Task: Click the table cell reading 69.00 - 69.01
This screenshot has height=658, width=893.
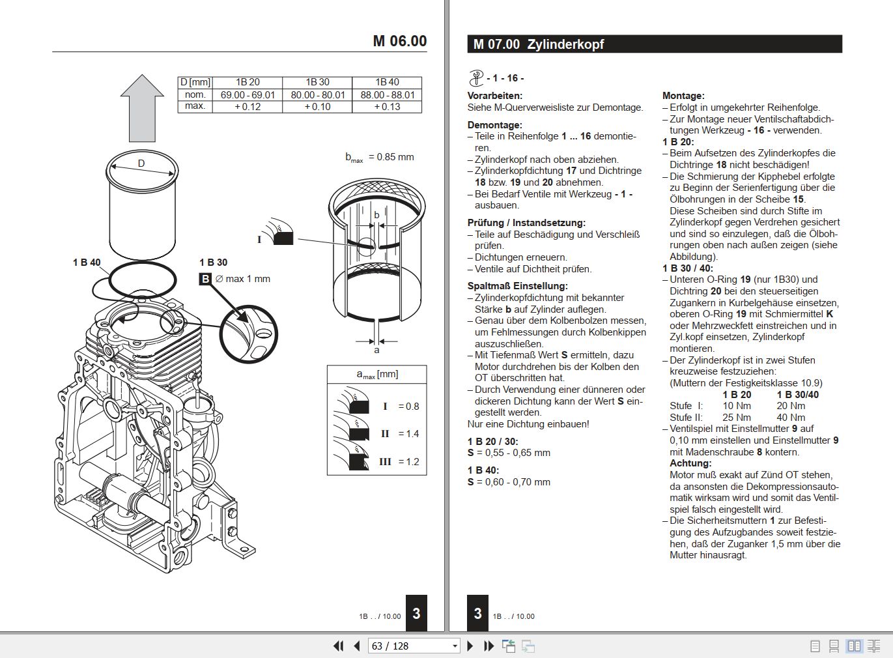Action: [248, 94]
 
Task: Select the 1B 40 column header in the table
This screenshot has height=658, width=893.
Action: [387, 82]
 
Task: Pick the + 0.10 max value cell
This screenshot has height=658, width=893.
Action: [317, 106]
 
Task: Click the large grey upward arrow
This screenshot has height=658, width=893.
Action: [142, 108]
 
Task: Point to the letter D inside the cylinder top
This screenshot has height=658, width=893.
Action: [141, 164]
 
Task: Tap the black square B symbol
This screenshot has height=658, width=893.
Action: [205, 279]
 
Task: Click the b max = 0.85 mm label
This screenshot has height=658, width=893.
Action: [379, 157]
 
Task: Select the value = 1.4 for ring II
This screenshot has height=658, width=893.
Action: [408, 434]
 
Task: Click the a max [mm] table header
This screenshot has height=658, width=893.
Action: [376, 374]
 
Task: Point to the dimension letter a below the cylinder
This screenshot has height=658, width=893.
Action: [376, 350]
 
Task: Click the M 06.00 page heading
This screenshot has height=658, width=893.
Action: [399, 41]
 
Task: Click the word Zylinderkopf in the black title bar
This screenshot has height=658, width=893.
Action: [565, 44]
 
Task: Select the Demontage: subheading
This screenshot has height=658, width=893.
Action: [494, 125]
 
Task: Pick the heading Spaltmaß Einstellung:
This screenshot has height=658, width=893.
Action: [517, 286]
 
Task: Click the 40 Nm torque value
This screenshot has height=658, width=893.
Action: [791, 418]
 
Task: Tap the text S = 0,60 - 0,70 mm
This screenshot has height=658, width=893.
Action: [509, 482]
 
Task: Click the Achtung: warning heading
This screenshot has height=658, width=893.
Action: [690, 463]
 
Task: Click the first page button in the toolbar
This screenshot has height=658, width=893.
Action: [338, 646]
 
